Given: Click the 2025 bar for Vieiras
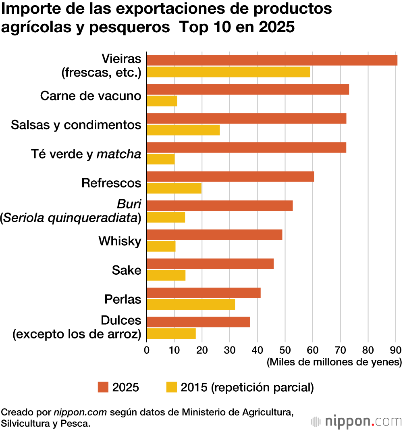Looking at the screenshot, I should (272, 60).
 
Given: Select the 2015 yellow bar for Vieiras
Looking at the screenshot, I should (229, 72).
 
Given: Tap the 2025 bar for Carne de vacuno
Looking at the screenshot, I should (248, 90).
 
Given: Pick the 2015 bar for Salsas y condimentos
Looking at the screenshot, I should (183, 130).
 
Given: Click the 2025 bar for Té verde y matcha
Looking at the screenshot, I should (247, 148).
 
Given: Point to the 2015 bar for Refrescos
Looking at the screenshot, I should (174, 188).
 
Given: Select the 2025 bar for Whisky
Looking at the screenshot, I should (214, 235).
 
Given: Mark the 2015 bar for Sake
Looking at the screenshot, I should (166, 276).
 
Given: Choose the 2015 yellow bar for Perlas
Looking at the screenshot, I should (191, 305).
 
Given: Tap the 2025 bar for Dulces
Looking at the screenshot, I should (198, 322).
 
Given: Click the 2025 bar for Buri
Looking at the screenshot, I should (220, 206).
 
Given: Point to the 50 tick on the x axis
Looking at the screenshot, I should (285, 349).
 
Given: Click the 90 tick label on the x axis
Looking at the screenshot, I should (396, 349).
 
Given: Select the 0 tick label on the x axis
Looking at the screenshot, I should (147, 349).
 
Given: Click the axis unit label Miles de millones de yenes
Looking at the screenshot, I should (334, 362).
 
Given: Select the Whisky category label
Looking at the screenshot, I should (120, 241).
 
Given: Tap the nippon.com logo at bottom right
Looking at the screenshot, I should (356, 422).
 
